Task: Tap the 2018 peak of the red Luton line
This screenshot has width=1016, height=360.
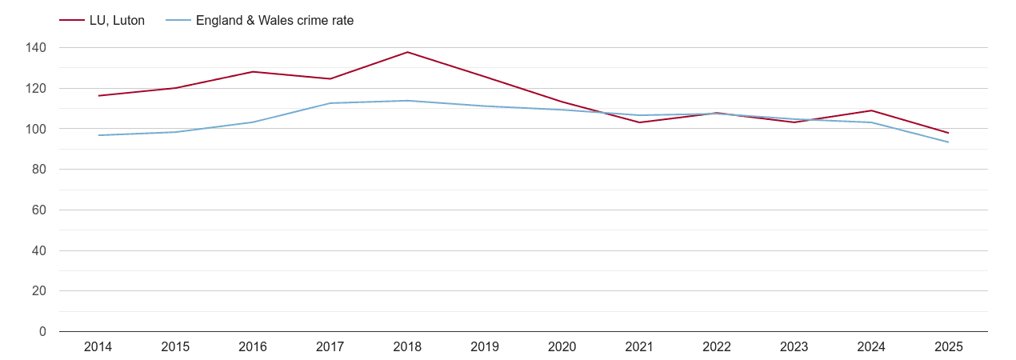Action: [x=407, y=52]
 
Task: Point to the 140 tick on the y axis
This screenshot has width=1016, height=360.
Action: [x=35, y=48]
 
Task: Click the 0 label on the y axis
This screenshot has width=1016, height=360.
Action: [x=42, y=332]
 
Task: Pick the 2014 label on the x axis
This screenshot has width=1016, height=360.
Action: [x=98, y=347]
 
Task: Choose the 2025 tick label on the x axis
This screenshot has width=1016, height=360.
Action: [x=948, y=347]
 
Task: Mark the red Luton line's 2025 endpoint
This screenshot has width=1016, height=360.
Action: [x=948, y=133]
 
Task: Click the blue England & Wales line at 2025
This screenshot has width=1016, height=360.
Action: [x=948, y=142]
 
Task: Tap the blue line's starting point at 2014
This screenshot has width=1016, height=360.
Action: [x=98, y=135]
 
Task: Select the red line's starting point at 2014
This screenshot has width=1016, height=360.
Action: [x=98, y=96]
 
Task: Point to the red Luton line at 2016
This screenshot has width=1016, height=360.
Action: [x=253, y=72]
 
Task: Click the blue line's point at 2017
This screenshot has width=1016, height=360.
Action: [x=330, y=103]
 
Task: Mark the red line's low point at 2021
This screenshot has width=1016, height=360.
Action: [x=639, y=122]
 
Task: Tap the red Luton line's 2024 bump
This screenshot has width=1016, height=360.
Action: [x=871, y=110]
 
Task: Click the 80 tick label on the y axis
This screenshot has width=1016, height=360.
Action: [x=38, y=170]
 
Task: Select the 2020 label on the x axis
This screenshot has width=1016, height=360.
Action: [x=562, y=347]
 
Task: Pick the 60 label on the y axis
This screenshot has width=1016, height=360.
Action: [x=38, y=210]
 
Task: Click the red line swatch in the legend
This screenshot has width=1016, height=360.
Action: [x=72, y=21]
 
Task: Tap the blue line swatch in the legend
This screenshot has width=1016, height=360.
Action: [x=178, y=21]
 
